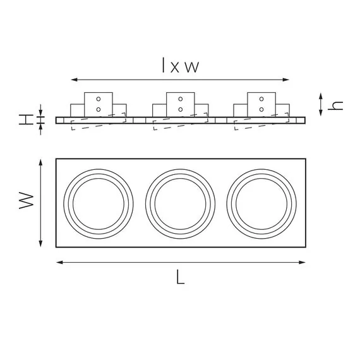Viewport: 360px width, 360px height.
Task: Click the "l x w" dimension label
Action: point(180,65)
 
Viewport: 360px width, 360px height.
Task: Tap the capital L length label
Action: point(181,278)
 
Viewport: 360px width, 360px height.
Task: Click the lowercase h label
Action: point(338,104)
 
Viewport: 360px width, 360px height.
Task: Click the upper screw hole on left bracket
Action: point(99,99)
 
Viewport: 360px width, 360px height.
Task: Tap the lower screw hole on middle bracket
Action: point(181,109)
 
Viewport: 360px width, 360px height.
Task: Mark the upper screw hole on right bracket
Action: point(261,99)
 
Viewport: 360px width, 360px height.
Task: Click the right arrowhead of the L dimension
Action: point(303,262)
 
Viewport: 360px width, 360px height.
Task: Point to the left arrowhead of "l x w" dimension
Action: point(73,80)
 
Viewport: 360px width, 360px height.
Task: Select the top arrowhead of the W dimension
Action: point(41,161)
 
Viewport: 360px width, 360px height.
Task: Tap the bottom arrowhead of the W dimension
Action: point(41,244)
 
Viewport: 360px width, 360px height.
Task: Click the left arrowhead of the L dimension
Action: point(59,262)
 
